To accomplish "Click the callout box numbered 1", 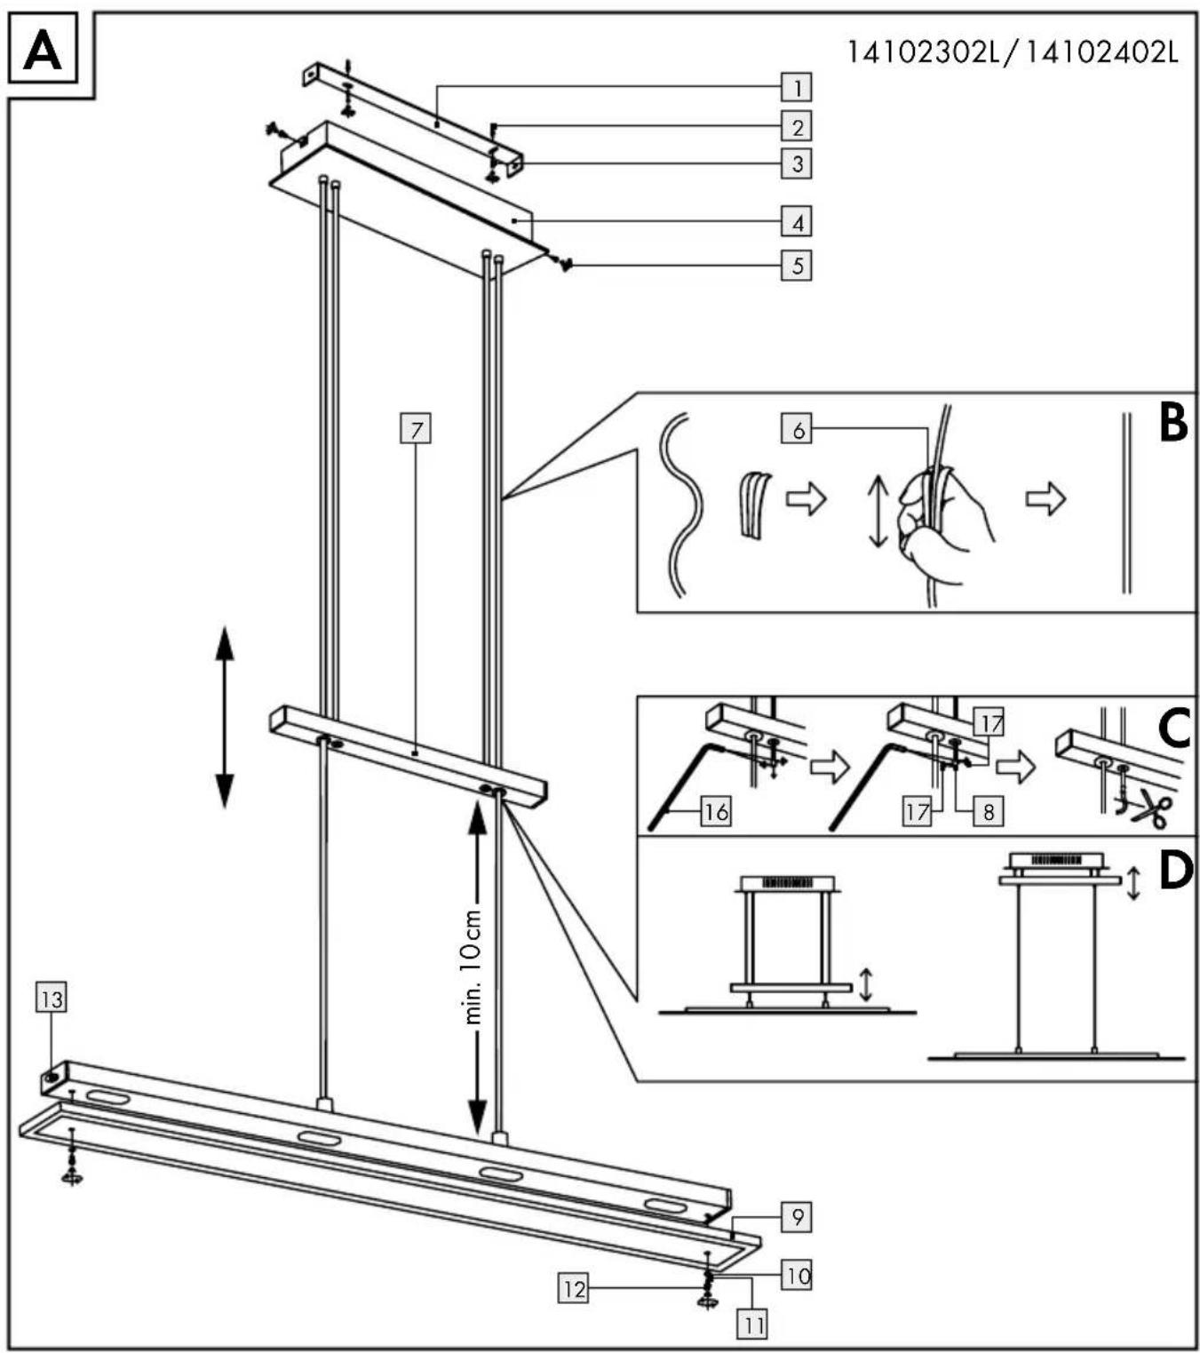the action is point(797,87).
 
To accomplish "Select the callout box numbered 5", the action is point(797,266).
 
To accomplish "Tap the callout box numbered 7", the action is point(416,428).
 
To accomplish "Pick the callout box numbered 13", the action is point(51,999).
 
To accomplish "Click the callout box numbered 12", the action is point(573,1289).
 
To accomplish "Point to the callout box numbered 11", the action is point(752,1325).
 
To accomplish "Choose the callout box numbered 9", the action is point(797,1217).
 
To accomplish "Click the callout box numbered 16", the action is point(715,812).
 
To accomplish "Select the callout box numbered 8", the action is point(989,812).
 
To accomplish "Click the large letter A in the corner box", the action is point(43,51).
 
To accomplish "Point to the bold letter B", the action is point(1174,423).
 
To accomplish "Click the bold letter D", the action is point(1176,871).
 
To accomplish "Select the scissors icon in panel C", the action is point(1148,808).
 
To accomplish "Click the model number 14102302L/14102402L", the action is point(1013,52).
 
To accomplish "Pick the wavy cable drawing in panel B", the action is point(682,505).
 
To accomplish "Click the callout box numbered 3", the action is point(797,163).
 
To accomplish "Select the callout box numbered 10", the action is point(797,1277).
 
